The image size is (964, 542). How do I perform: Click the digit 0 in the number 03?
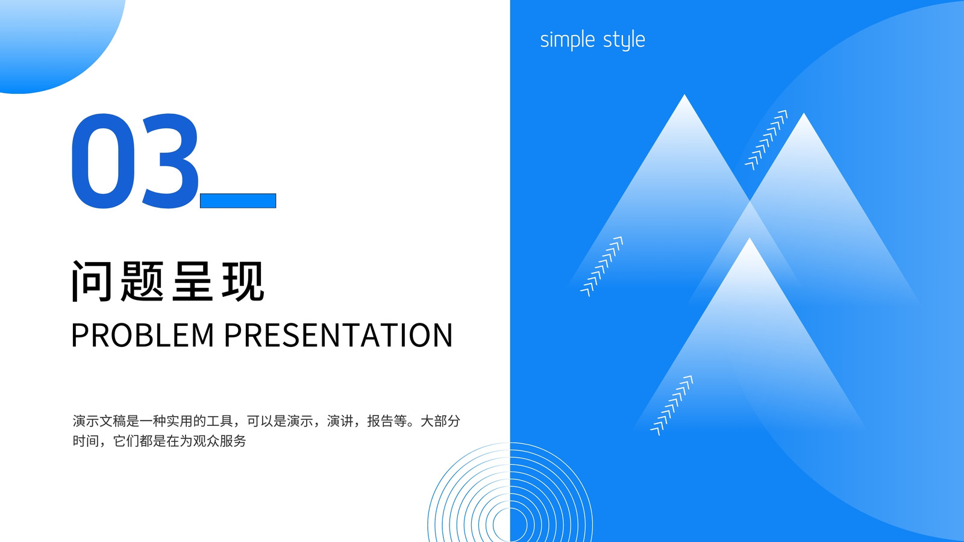click(103, 161)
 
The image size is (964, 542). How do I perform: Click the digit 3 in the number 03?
click(170, 161)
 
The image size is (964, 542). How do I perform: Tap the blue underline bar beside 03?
click(238, 201)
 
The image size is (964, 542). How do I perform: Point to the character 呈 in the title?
click(192, 281)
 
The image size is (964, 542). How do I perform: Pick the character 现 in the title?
click(243, 281)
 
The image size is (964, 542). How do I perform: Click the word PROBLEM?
click(142, 335)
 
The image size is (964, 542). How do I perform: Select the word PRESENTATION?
click(338, 335)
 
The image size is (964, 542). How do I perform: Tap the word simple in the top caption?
click(568, 40)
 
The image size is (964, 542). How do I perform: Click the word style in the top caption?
click(624, 40)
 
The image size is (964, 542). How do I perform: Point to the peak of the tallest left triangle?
click(684, 95)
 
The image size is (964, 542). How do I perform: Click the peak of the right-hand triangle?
click(804, 114)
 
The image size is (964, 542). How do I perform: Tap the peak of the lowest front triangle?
click(750, 238)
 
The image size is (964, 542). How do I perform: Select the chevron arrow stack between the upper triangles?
click(766, 140)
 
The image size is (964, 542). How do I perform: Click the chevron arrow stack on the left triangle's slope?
click(602, 266)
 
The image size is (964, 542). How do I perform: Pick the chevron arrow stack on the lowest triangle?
click(672, 405)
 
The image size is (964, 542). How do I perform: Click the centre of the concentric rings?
click(510, 525)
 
